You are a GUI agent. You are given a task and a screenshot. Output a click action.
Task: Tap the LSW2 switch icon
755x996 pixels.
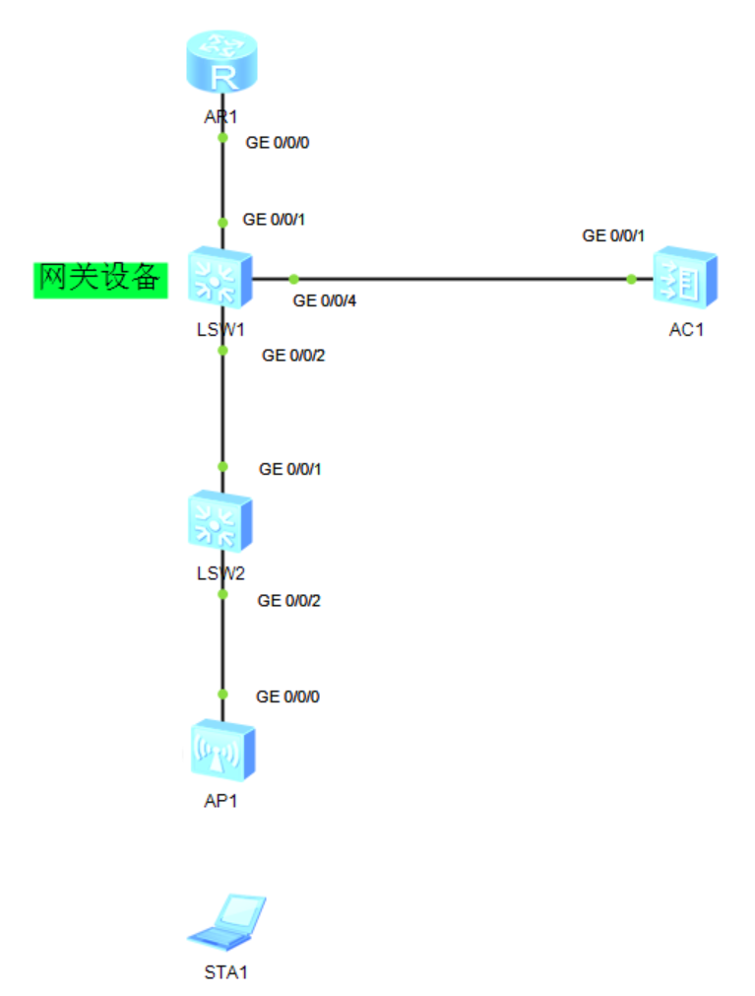pos(221,521)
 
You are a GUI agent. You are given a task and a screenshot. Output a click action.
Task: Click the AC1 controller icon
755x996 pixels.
pos(685,279)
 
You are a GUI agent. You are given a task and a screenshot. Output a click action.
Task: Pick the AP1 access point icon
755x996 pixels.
pos(221,752)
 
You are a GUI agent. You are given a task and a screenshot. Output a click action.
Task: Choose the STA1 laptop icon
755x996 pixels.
pos(227,919)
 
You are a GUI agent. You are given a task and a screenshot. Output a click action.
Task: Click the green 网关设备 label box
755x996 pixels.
pos(100,280)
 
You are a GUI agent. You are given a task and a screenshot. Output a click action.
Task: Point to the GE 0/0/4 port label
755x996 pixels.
pos(324,300)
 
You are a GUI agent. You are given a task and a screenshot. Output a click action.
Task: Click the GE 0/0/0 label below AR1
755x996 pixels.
pos(278,142)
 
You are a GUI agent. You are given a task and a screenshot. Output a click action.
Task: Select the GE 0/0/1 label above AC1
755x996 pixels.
pos(613,235)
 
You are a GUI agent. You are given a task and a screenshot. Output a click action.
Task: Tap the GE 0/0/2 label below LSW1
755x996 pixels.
pos(292,356)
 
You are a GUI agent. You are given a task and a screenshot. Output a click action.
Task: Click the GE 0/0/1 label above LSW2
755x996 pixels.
pos(289,469)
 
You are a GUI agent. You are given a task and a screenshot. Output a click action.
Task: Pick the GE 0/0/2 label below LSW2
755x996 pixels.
pos(289,599)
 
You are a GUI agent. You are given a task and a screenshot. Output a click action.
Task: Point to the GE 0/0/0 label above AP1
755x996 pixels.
pos(287,697)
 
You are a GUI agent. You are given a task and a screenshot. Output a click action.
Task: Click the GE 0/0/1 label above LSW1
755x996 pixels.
pos(274,220)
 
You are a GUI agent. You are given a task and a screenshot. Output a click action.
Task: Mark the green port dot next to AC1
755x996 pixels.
pos(631,279)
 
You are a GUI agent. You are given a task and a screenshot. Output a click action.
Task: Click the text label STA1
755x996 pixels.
pos(225,972)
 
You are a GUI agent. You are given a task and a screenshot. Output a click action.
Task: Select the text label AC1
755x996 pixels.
pos(686,330)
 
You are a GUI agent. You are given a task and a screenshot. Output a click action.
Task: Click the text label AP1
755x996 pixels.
pos(221,801)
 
